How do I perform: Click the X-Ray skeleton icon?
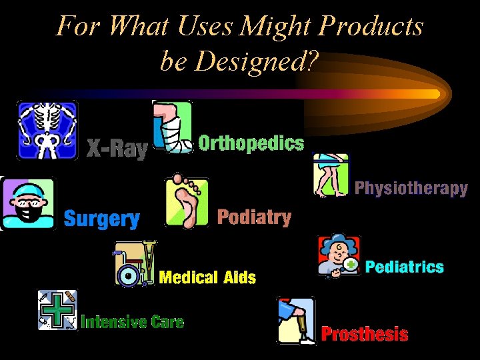[x=47, y=130]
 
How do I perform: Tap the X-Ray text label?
[x=117, y=149]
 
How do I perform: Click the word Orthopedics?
[x=251, y=143]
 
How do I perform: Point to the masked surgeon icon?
[x=29, y=203]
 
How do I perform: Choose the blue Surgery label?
[x=102, y=219]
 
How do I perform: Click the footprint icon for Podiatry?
[x=187, y=201]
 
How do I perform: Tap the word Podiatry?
[x=255, y=217]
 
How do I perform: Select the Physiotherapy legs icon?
[x=331, y=175]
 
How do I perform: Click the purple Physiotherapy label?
[x=411, y=188]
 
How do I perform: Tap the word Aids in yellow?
[x=240, y=277]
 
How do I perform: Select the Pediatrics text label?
[x=405, y=267]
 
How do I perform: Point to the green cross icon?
[x=57, y=310]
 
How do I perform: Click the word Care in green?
[x=167, y=323]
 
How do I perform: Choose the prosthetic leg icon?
[x=296, y=321]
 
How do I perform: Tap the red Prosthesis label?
[x=365, y=334]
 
